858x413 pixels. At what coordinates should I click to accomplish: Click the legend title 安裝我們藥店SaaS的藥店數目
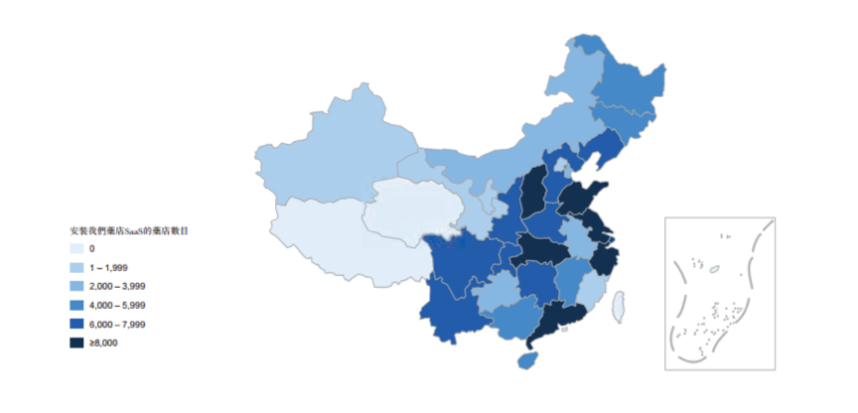pos(129,230)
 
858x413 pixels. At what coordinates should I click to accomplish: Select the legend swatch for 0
pos(76,249)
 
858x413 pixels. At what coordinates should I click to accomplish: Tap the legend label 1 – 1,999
pos(108,268)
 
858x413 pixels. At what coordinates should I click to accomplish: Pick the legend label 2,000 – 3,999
pos(118,287)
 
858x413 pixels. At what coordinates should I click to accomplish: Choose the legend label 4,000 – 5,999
pos(118,306)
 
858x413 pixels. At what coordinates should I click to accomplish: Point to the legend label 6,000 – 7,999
pos(118,325)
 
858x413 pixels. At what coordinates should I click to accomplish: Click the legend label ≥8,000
pos(103,344)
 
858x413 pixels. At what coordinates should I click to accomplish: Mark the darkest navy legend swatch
pos(76,344)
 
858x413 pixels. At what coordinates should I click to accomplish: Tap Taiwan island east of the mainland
pos(618,305)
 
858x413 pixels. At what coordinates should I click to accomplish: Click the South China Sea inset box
pos(719,293)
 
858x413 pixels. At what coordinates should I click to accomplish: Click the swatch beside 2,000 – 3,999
pos(76,287)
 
